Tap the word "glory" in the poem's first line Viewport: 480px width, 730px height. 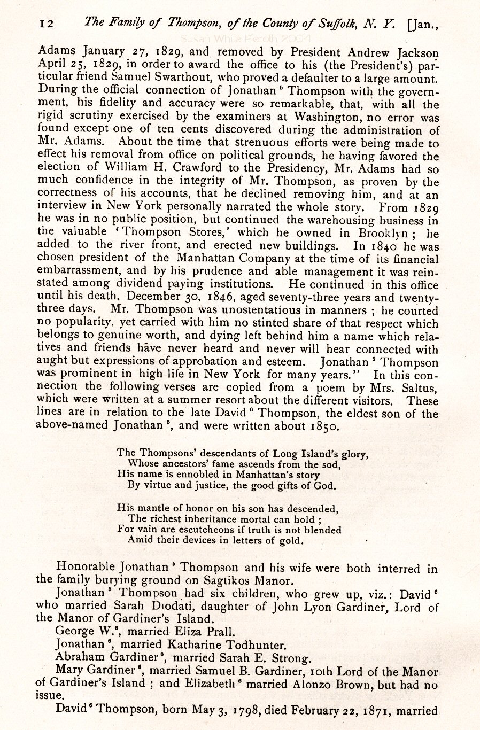354,455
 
